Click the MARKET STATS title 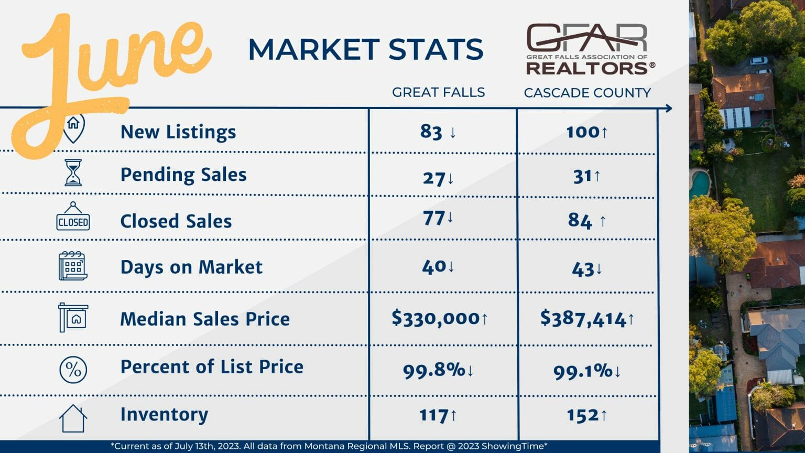pyautogui.click(x=365, y=49)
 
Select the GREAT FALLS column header pyautogui.click(x=438, y=92)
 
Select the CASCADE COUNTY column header pyautogui.click(x=587, y=93)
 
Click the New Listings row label pyautogui.click(x=178, y=132)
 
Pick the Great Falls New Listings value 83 pyautogui.click(x=431, y=132)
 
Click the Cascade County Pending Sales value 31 pyautogui.click(x=582, y=177)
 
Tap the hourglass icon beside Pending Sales pyautogui.click(x=73, y=173)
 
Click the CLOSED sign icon pyautogui.click(x=73, y=217)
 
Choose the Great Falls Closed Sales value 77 pyautogui.click(x=433, y=217)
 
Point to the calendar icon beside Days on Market pyautogui.click(x=72, y=266)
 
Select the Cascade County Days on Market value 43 pyautogui.click(x=582, y=269)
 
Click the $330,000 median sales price pyautogui.click(x=436, y=318)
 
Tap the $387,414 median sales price pyautogui.click(x=583, y=319)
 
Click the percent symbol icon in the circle pyautogui.click(x=73, y=370)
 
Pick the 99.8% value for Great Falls pyautogui.click(x=434, y=370)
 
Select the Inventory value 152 pyautogui.click(x=582, y=415)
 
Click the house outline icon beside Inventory pyautogui.click(x=73, y=418)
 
